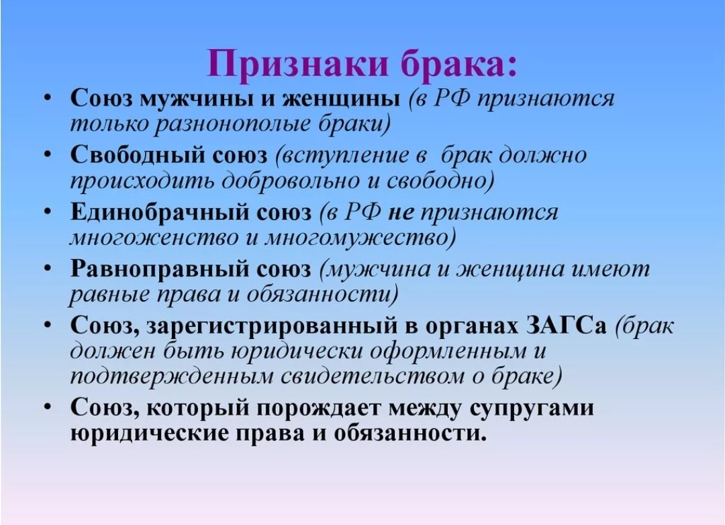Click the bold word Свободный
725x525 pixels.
138,155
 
